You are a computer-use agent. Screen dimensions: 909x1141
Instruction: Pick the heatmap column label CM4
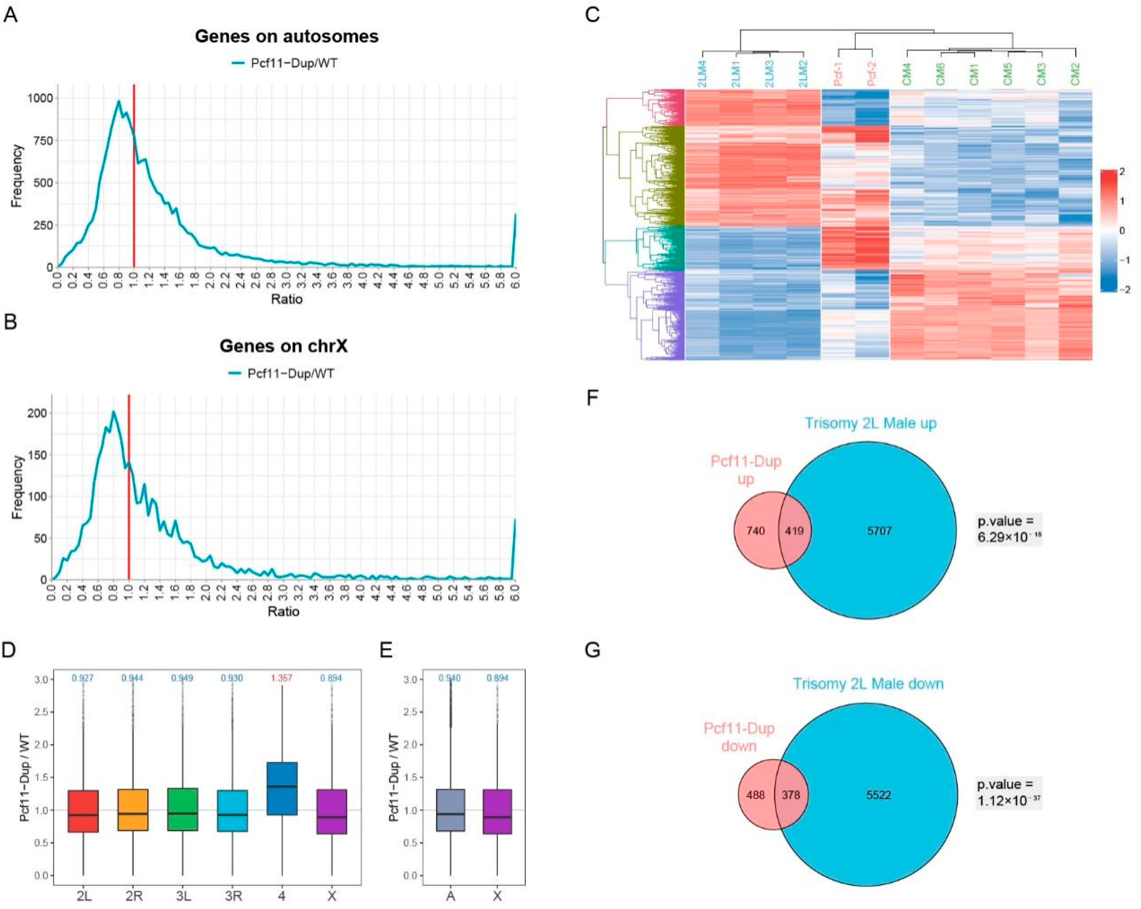coord(907,74)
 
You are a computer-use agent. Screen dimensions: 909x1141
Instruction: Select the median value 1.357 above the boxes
coord(281,678)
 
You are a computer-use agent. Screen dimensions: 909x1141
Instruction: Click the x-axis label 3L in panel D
coord(182,896)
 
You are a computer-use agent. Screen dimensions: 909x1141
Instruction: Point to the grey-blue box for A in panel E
coord(450,810)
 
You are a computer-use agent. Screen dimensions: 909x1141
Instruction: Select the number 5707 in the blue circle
coord(879,530)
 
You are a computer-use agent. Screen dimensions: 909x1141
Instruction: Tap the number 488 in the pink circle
coord(755,795)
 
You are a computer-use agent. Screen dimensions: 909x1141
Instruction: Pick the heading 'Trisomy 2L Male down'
coord(868,684)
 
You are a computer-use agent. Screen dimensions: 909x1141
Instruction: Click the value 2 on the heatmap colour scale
coord(1122,172)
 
